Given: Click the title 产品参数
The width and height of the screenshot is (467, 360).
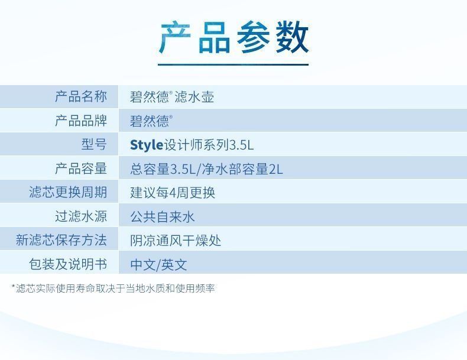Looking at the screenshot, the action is coord(234,37).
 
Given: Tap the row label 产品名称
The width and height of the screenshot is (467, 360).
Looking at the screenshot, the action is coord(81,96).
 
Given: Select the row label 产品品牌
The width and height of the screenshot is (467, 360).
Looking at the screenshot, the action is coord(81,121).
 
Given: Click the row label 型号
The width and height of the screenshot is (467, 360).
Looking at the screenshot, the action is coord(94,144).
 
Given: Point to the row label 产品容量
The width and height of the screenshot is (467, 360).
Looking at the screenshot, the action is coord(81,168).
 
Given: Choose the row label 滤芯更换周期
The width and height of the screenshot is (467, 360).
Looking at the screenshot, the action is coord(68,192).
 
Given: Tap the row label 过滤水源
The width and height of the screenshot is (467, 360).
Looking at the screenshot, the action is coord(81,216).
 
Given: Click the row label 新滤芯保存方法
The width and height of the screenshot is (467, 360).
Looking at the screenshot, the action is coord(61,240).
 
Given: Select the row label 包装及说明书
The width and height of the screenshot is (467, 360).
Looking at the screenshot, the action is coord(68,264).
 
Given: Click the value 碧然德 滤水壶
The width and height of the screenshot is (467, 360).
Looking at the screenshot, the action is coord(172,97).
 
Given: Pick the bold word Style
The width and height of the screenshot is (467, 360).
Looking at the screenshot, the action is coord(147,145).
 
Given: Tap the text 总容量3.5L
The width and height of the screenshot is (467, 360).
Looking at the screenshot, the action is coord(163,169).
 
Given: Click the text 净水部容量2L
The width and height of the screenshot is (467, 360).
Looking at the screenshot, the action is coord(242,169).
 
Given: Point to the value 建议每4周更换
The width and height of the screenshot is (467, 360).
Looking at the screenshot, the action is coord(173,192).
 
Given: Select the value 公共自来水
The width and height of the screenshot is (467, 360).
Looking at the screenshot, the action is coord(163,216).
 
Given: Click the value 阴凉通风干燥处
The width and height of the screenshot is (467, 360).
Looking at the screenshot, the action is coord(176,241).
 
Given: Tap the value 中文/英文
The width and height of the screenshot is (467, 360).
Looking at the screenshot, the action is coord(158,265).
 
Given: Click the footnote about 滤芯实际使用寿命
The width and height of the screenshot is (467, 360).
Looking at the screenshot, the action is coord(113,288).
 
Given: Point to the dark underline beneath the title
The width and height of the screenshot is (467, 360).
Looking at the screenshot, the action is coord(233,64).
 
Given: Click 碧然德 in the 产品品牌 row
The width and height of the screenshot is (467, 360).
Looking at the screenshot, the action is coord(151,121).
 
